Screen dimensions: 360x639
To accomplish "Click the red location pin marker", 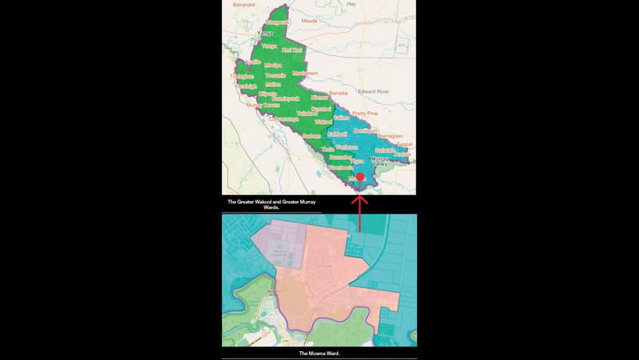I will click(359, 176).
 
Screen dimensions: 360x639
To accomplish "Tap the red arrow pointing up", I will click(359, 212).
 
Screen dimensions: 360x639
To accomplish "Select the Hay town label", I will click(351, 5).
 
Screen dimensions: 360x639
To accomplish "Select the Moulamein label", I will click(304, 73).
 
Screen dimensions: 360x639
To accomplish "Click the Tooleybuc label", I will click(240, 77).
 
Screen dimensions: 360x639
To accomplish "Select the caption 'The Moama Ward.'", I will click(319, 353).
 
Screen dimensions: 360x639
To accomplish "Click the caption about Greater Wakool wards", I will click(272, 205).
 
